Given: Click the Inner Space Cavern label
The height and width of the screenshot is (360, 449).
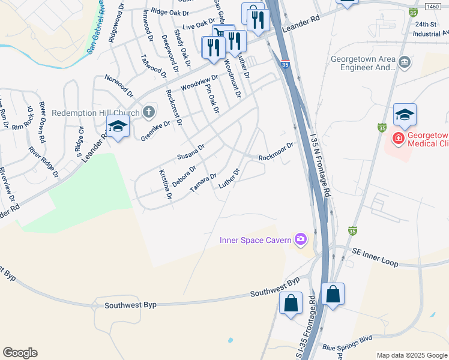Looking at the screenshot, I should (x=255, y=241).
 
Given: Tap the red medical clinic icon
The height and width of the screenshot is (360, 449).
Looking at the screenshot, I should (x=398, y=139).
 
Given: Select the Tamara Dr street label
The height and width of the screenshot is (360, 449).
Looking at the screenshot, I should (x=203, y=182).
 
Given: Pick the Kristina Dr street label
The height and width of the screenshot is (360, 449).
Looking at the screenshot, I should (x=165, y=184).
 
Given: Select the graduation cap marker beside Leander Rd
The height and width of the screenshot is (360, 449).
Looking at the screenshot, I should (x=118, y=127).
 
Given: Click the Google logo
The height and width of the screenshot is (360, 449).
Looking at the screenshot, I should (x=20, y=352).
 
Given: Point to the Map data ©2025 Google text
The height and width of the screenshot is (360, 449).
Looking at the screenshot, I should (x=411, y=355).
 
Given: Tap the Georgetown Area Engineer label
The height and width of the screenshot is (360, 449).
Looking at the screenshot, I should (x=363, y=64).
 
